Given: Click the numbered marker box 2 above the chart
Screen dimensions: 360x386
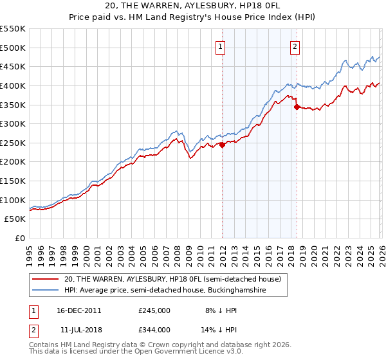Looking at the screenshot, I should pos(295,46).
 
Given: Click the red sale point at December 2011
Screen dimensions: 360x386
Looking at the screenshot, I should pos(222,145).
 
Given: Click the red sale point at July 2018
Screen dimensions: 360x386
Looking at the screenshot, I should pos(297,107).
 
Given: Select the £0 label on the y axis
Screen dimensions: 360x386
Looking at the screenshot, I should pos(19,238).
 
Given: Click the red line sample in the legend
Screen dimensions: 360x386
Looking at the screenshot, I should pos(46,280).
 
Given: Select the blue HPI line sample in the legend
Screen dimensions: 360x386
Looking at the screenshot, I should pos(46,291).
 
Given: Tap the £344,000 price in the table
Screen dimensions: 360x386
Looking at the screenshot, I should pos(154,329).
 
